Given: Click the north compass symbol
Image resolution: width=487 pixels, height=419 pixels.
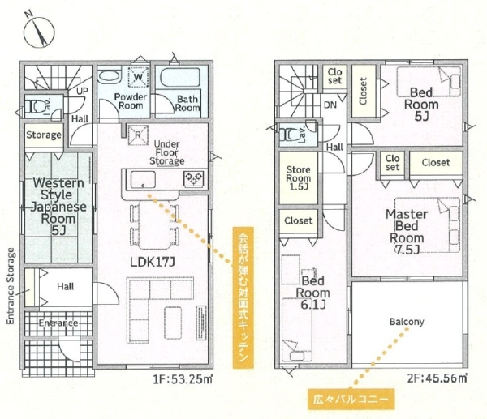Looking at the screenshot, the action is (x=39, y=32).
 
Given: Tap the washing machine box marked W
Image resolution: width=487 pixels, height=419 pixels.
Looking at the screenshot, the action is (x=138, y=77).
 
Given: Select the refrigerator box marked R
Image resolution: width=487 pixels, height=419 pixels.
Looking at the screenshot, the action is (x=138, y=135).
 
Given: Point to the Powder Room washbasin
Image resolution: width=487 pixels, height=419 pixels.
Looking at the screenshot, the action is (x=109, y=77).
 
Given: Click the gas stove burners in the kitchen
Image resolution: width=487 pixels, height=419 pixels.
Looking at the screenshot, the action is (x=193, y=178).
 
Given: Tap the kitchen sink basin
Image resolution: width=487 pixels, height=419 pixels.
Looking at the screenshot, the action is (x=143, y=180).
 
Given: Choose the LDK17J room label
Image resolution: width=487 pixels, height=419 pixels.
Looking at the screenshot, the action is (x=153, y=263).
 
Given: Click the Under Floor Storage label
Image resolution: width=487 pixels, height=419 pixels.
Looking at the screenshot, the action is (x=167, y=152).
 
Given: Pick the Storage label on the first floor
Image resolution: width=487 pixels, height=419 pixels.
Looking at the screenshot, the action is (x=44, y=135).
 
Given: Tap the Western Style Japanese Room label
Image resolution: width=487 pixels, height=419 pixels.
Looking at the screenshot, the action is (x=58, y=207).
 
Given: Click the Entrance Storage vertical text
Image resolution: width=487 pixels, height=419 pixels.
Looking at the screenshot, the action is (x=11, y=286).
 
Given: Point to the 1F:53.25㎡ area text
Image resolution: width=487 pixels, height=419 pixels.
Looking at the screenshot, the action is (x=183, y=379).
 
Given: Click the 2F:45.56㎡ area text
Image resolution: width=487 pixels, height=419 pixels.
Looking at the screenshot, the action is (x=437, y=378).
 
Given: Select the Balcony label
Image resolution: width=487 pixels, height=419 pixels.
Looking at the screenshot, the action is (x=407, y=322).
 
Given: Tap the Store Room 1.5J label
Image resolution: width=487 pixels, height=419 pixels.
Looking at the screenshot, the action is (x=299, y=178).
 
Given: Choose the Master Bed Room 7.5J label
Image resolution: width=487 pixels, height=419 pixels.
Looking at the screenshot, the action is (x=407, y=232).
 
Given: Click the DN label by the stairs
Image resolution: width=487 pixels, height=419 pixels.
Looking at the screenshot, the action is (x=330, y=105).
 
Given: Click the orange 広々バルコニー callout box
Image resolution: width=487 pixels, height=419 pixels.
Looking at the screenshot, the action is (x=351, y=400).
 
